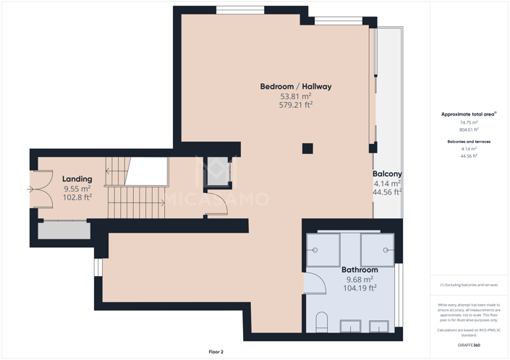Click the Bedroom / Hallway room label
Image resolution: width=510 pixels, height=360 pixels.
click(295, 87)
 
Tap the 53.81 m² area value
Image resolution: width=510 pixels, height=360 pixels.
click(295, 96)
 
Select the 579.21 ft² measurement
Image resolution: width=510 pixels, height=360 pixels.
click(295, 105)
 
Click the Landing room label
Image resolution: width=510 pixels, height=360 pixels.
click(77, 179)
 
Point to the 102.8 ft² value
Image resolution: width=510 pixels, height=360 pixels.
click(77, 197)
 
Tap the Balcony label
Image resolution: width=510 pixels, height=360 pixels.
click(387, 174)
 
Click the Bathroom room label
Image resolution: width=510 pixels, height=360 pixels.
click(360, 270)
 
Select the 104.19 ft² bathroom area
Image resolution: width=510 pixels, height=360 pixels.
click(360, 288)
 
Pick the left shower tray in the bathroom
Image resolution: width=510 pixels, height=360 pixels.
click(323, 250)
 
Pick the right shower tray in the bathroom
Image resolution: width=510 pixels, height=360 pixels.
click(377, 250)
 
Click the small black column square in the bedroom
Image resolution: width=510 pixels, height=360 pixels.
click(307, 148)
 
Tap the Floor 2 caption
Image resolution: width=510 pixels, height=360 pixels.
click(216, 352)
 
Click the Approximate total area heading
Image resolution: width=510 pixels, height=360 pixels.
click(468, 114)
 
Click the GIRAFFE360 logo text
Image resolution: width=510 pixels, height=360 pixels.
click(469, 345)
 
